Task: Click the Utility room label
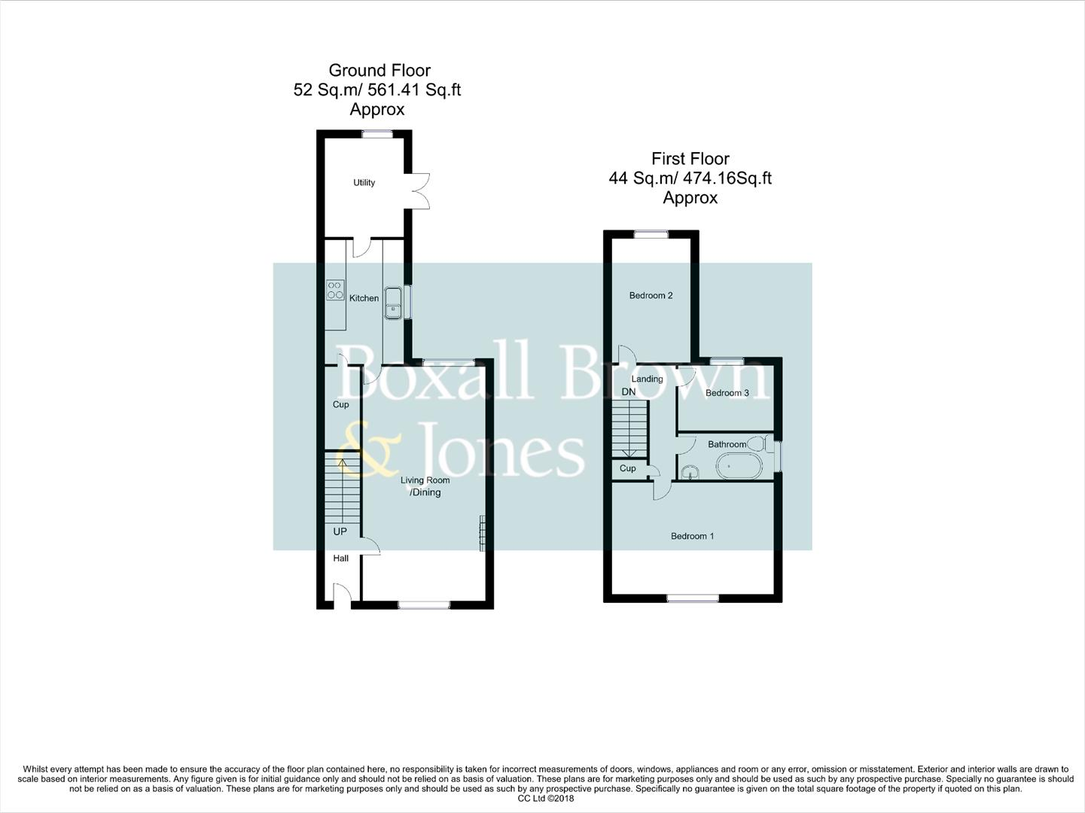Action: point(364,183)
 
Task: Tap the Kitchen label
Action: point(364,298)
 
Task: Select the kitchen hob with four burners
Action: point(335,290)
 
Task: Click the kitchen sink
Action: point(393,303)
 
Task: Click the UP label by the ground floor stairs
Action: point(340,531)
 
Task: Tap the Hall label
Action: point(341,559)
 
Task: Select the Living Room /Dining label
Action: point(425,486)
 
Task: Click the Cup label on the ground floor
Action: point(341,404)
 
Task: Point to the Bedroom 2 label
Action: point(651,295)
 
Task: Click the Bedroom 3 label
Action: point(727,393)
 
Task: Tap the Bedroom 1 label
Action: point(692,536)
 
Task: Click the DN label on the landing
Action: point(629,392)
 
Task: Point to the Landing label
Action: point(647,379)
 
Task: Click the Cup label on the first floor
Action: point(627,468)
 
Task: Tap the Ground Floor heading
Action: point(379,71)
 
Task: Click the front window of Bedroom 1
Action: point(693,598)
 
